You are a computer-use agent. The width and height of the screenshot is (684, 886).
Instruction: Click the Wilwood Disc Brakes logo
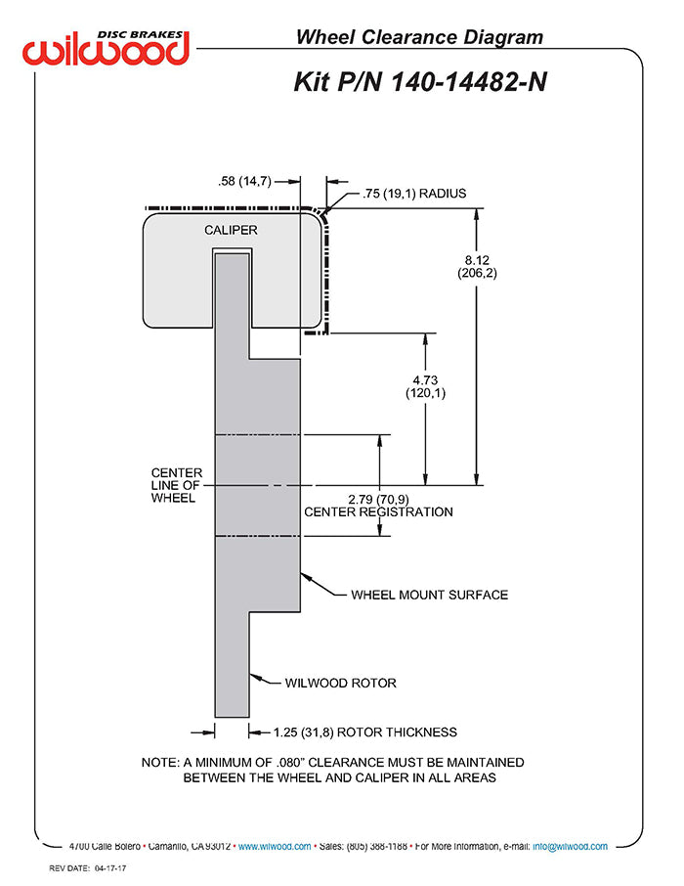(x=106, y=48)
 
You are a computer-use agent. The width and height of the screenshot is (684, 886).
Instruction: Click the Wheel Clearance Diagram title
(x=419, y=37)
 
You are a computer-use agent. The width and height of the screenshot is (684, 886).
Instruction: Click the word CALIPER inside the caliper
(x=231, y=230)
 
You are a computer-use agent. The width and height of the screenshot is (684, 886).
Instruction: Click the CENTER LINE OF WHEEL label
(x=176, y=485)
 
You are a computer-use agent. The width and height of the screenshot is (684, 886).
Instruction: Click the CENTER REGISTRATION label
(x=378, y=511)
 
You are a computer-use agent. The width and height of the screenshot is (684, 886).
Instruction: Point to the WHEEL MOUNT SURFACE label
(x=429, y=595)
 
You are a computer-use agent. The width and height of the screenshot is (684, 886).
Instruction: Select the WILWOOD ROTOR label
(x=341, y=683)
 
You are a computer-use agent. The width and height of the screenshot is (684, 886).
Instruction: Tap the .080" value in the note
(x=290, y=762)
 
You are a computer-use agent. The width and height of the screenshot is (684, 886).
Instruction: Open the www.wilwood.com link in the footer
(x=275, y=846)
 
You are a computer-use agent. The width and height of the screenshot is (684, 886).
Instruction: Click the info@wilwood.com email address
(x=570, y=846)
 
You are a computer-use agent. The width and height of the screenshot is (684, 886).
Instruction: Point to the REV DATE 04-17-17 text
(x=88, y=868)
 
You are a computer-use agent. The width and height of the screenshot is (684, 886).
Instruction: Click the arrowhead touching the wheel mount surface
(x=306, y=578)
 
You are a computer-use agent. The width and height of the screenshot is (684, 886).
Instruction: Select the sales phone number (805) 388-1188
(x=377, y=846)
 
